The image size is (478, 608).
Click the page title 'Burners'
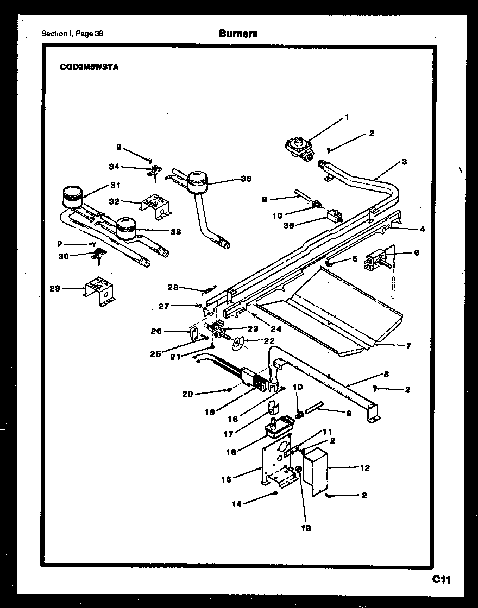click(x=238, y=34)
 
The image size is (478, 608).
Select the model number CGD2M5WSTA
click(x=89, y=68)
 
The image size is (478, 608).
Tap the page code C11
click(x=442, y=580)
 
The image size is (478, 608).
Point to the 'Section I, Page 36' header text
click(x=72, y=34)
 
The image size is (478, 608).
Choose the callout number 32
click(x=114, y=201)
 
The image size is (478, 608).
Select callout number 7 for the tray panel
click(x=408, y=346)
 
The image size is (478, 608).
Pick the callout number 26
click(x=156, y=330)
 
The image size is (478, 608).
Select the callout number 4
click(x=422, y=229)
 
